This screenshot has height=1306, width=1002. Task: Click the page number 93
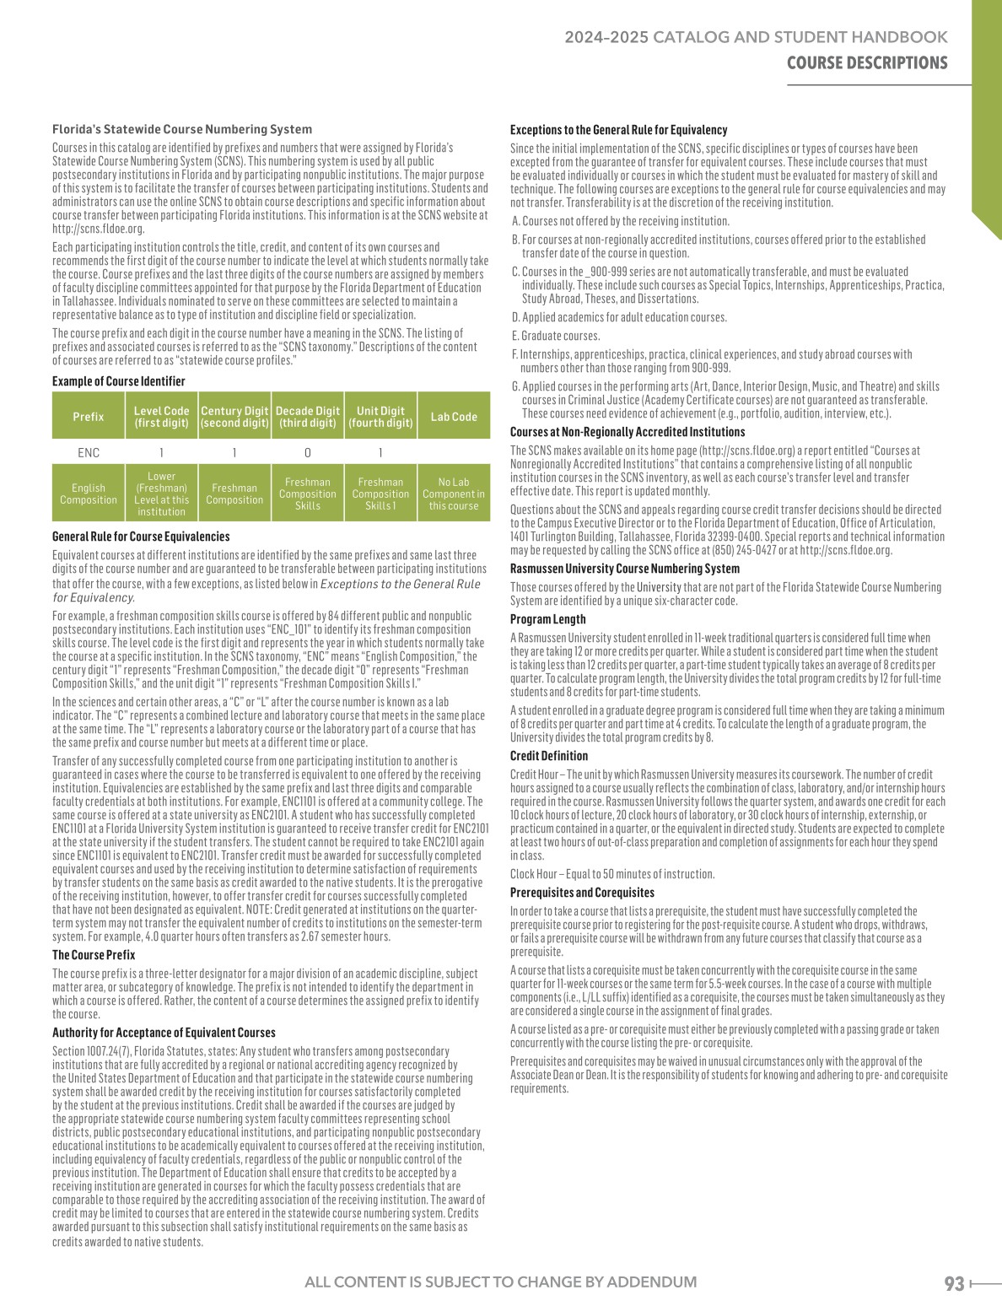[954, 1283]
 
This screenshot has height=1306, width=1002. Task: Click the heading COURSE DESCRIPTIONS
[867, 63]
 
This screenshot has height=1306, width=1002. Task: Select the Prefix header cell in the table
[89, 417]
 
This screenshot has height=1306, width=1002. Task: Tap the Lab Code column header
[454, 417]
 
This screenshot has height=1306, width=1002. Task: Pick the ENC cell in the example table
[89, 453]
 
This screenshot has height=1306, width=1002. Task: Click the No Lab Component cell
[454, 494]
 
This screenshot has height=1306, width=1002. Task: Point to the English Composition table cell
[89, 494]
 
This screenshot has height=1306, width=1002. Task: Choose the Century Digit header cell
[234, 417]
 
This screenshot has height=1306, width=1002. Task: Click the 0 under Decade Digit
[308, 453]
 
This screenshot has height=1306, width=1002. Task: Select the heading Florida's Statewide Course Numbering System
[182, 130]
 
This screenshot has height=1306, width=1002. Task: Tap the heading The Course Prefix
[94, 955]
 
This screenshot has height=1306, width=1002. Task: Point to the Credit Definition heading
[549, 756]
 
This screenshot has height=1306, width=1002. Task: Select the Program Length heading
[547, 619]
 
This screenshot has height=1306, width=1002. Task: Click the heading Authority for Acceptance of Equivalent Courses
[164, 1033]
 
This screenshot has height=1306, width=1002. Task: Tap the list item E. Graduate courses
[556, 336]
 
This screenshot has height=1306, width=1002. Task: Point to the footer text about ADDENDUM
[501, 1282]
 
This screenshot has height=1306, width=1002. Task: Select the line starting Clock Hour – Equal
[612, 874]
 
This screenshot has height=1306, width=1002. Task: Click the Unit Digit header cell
[380, 417]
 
